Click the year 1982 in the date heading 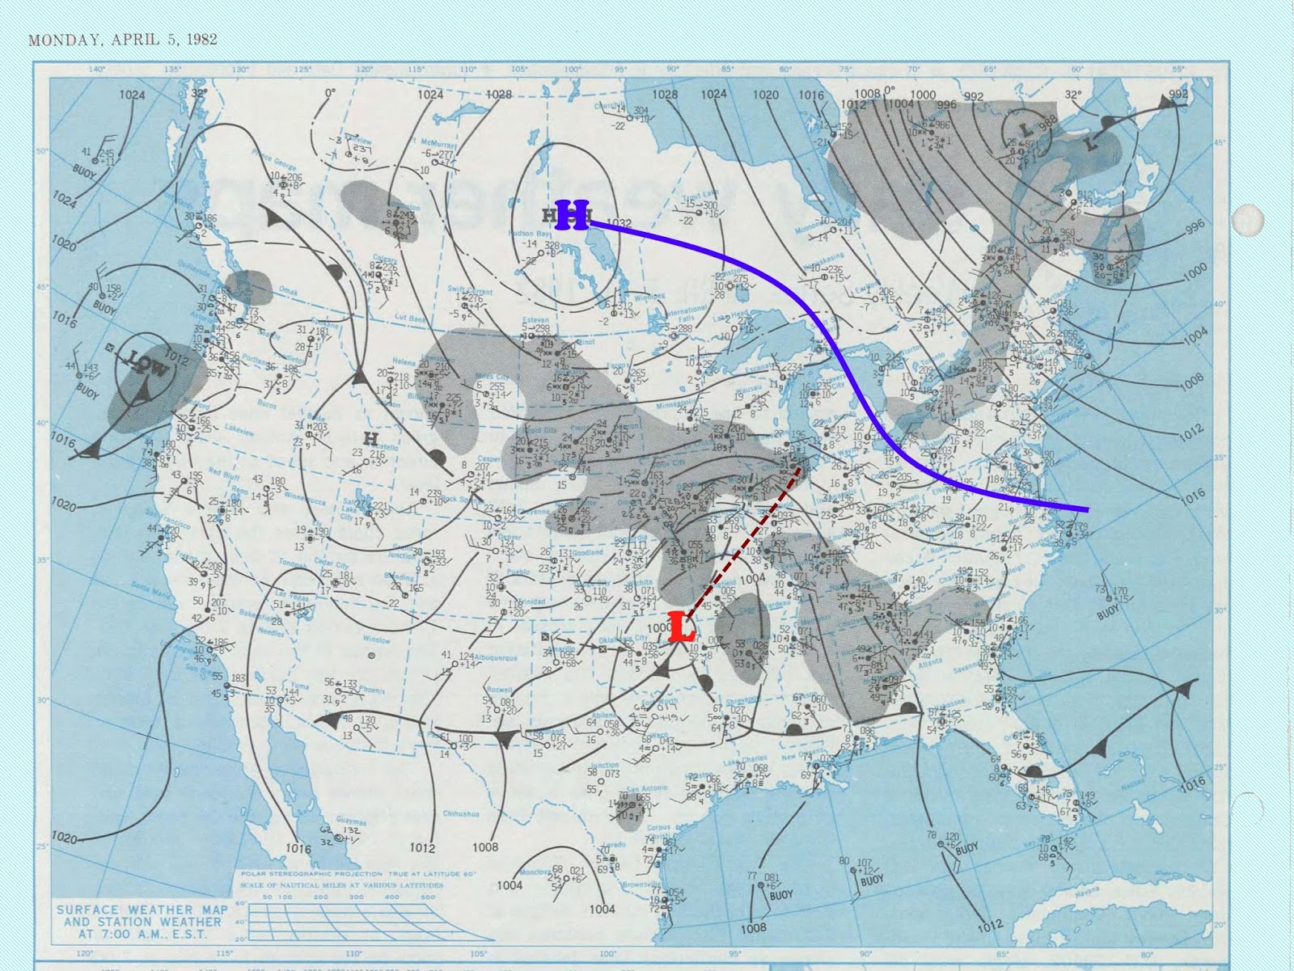tap(200, 39)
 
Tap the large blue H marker tap(573, 216)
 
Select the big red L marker tap(682, 629)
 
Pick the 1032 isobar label tap(618, 223)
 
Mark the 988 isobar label tap(1048, 122)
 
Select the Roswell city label tap(499, 689)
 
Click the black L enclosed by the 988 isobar tap(1025, 129)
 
